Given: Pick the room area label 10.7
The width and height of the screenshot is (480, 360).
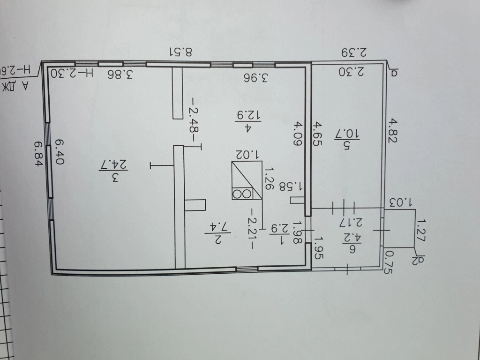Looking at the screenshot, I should (346, 139).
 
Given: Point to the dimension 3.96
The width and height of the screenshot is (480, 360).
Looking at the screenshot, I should (257, 77).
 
